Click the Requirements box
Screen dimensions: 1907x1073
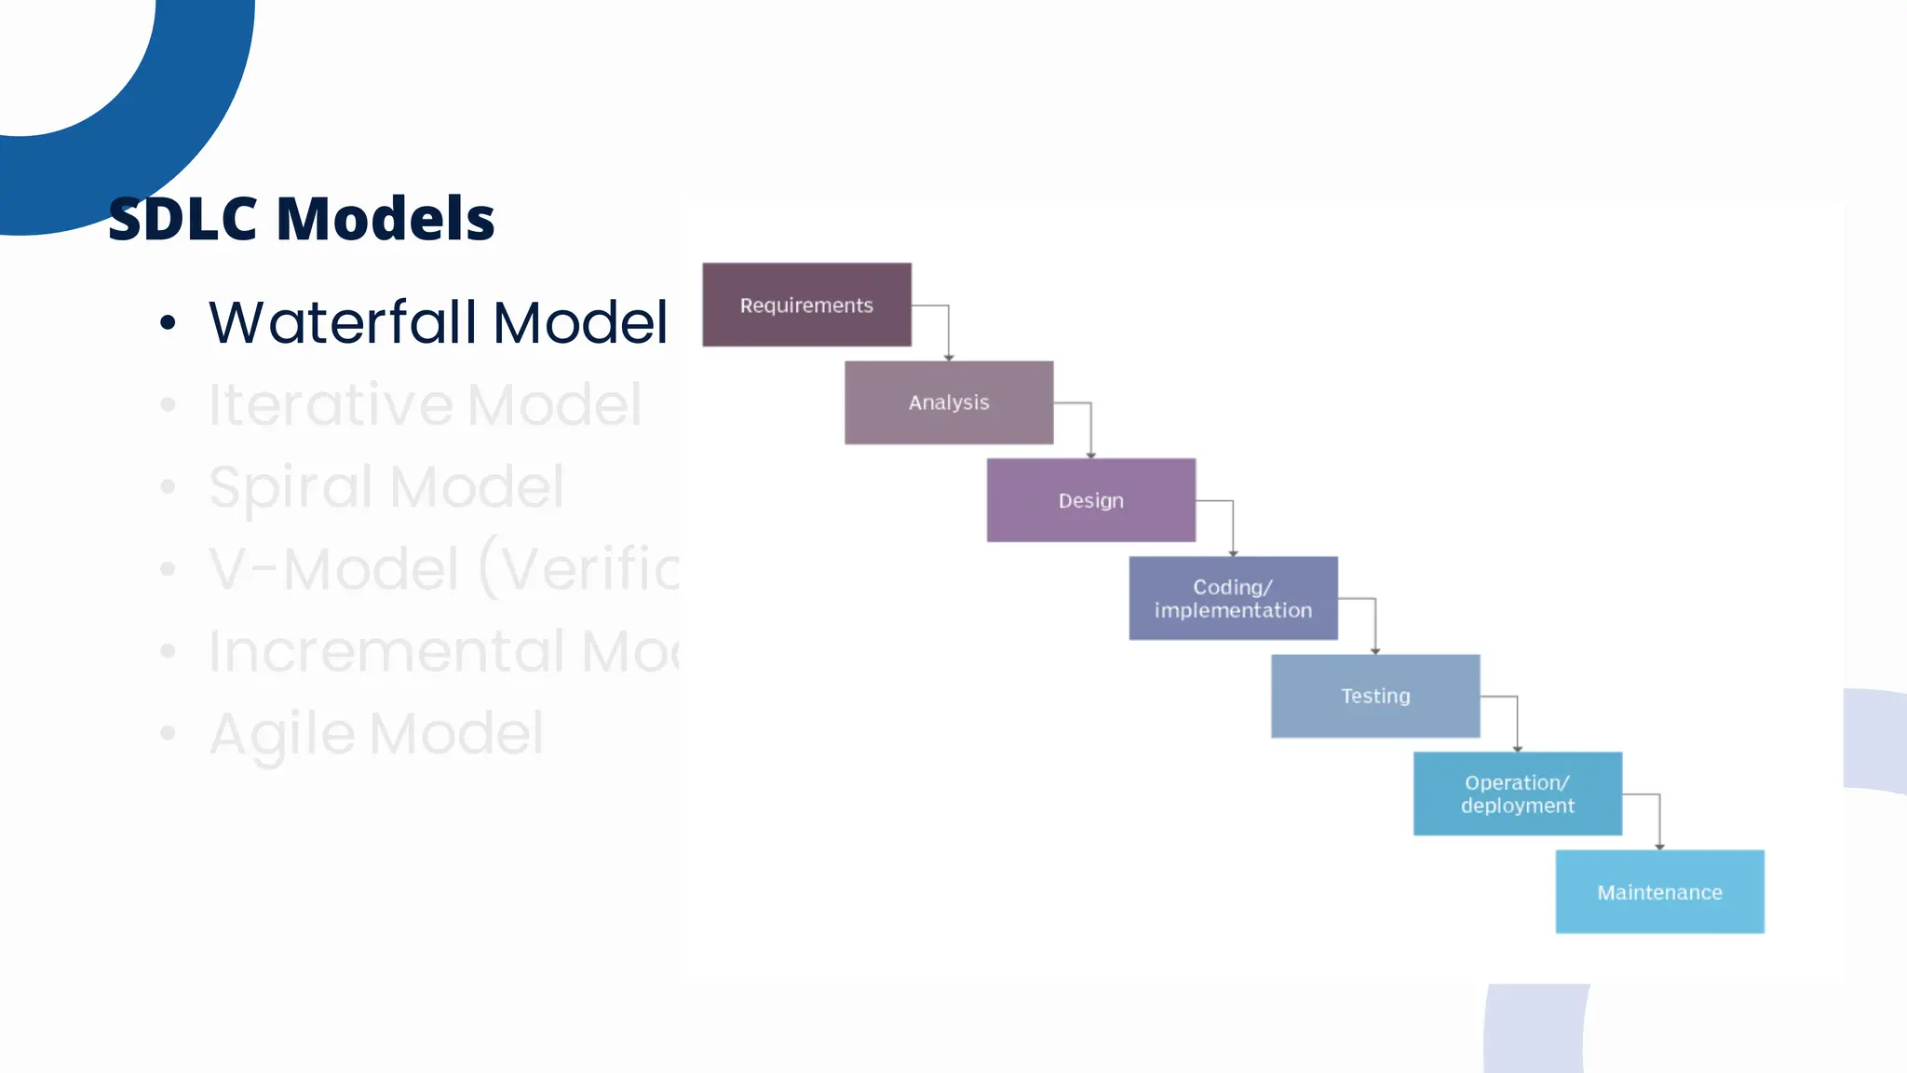click(806, 305)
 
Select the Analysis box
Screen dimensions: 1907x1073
click(949, 402)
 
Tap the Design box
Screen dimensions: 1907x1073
click(1090, 500)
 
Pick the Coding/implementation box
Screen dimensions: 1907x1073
click(1233, 598)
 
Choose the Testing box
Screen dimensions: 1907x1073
click(1375, 696)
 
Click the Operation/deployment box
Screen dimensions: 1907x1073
click(1517, 794)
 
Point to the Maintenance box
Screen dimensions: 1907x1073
click(1659, 891)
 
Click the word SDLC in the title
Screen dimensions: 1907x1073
click(183, 220)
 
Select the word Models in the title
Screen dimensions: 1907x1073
click(385, 220)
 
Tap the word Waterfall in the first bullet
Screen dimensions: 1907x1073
click(344, 322)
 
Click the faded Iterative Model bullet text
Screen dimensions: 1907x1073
click(425, 404)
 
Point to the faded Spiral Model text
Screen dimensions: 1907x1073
click(385, 486)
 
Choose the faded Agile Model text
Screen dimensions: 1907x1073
click(376, 734)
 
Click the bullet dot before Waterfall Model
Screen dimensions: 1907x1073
click(168, 323)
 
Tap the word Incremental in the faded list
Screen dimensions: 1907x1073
click(386, 651)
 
